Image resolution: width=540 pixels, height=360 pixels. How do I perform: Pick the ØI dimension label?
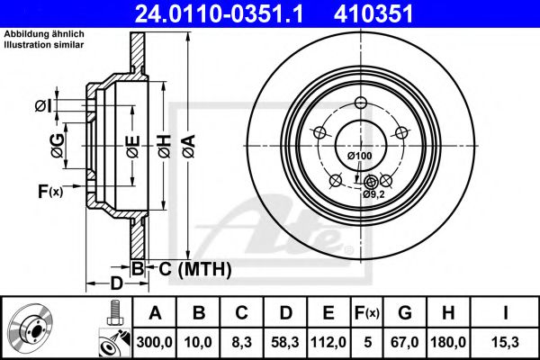(x=42, y=107)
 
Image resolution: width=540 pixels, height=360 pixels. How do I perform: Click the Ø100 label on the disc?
(x=359, y=157)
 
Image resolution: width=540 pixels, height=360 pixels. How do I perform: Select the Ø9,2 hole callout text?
(x=374, y=193)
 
